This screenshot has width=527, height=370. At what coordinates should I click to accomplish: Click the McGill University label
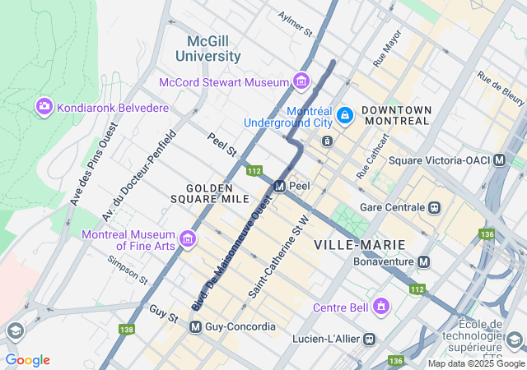(208, 49)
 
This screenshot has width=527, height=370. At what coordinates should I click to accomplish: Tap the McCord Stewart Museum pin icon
(301, 82)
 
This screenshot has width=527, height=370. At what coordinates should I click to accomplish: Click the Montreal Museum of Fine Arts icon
(188, 239)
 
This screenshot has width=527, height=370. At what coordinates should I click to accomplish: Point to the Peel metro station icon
(279, 186)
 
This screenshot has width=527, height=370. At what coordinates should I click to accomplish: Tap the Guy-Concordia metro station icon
(196, 327)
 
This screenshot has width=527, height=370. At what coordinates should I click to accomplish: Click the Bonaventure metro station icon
(423, 261)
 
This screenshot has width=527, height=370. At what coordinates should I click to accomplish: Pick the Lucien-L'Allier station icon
(371, 338)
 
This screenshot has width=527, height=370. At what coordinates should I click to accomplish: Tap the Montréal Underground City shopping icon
(346, 116)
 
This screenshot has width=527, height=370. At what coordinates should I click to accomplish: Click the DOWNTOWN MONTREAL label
(396, 115)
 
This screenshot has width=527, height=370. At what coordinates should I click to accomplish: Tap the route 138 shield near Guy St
(126, 330)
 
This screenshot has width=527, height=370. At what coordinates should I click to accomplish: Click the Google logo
(28, 360)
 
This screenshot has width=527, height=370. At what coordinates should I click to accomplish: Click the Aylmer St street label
(296, 25)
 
